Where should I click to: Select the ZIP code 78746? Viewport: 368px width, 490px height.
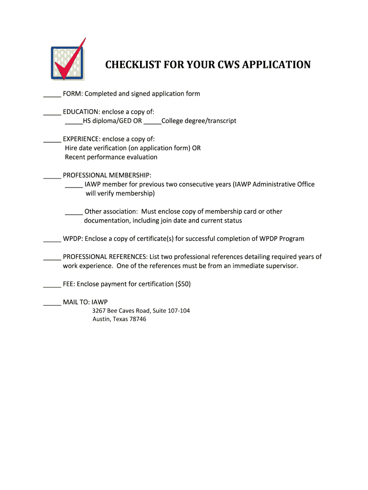pos(137,319)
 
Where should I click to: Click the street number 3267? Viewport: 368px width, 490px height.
pos(99,311)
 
